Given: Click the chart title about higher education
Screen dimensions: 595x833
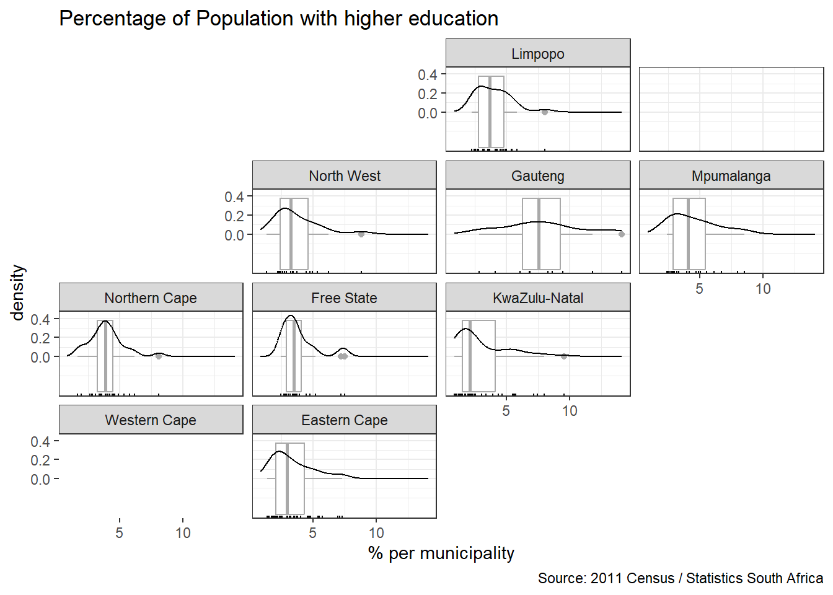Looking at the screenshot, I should (278, 19).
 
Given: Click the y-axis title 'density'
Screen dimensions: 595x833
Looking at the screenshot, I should (17, 293).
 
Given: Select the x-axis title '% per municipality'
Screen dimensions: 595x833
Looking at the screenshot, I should (441, 553).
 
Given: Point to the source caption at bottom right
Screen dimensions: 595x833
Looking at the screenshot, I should (680, 578).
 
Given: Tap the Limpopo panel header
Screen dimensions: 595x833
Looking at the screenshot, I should (537, 54).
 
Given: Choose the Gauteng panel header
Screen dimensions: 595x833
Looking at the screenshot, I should (537, 176).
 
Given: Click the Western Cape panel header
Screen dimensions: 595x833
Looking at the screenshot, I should (151, 420).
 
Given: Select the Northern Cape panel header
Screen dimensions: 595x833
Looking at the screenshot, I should (151, 298).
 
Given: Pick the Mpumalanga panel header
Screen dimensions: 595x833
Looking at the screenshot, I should (731, 176).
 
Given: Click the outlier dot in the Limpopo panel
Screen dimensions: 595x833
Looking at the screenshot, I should (545, 112).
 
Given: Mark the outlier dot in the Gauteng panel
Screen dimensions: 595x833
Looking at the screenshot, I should (622, 234).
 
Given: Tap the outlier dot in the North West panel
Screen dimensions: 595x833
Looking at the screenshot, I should (361, 234).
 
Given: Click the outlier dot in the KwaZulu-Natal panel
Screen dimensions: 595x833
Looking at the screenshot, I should (564, 356).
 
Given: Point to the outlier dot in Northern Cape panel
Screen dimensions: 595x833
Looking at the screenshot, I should (159, 356).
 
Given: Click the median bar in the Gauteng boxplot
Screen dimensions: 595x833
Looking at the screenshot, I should (539, 234).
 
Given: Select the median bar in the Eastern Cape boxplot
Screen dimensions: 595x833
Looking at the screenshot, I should (287, 478).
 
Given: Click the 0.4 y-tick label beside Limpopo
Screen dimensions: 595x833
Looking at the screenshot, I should (427, 75).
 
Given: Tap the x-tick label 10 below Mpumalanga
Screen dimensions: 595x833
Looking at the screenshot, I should (763, 289).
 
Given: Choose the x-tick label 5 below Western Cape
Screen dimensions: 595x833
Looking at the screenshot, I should (119, 533).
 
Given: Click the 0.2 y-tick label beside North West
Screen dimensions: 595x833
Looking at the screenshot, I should (234, 216).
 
